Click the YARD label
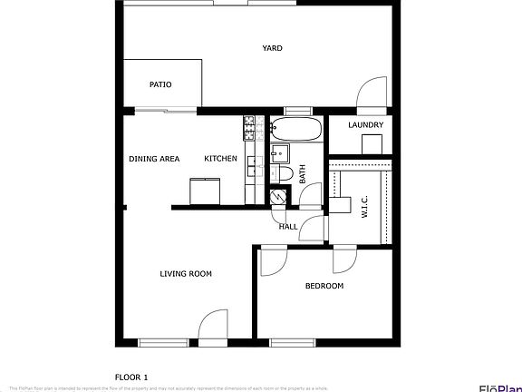click(272, 48)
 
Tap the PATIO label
click(160, 85)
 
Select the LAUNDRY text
click(366, 125)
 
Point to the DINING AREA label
click(154, 159)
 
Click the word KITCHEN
click(220, 159)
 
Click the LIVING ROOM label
click(186, 274)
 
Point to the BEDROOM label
click(324, 286)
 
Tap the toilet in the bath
click(282, 172)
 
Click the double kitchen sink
click(254, 167)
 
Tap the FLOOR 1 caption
click(130, 376)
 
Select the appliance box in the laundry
click(372, 143)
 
